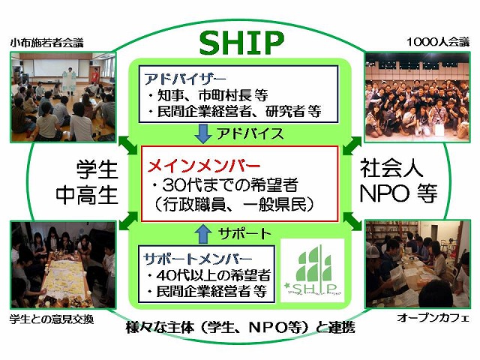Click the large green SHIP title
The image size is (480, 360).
(x=241, y=43)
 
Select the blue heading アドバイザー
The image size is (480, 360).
(x=184, y=79)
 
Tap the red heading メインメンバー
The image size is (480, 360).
(x=203, y=166)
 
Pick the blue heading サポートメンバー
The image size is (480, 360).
(x=197, y=259)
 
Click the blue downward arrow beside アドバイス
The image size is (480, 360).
(x=203, y=133)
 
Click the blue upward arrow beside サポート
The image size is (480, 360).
(x=203, y=234)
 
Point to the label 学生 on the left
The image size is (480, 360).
(x=97, y=170)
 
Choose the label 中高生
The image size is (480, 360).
(x=87, y=195)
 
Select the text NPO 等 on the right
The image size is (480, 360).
(x=398, y=193)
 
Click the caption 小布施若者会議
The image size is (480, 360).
(x=46, y=43)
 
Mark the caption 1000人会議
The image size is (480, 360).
(x=438, y=42)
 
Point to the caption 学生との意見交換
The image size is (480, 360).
(x=52, y=319)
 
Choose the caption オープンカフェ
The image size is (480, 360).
(x=433, y=318)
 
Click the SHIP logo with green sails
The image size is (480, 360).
(x=312, y=270)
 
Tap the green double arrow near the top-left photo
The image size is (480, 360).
(x=127, y=146)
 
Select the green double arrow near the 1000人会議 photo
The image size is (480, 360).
(x=352, y=145)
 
